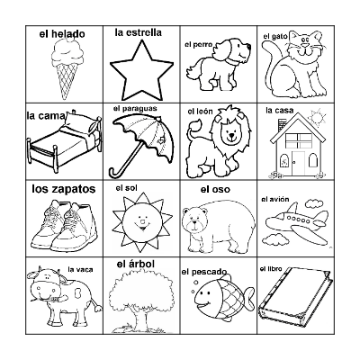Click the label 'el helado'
point(62,34)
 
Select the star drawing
point(140,70)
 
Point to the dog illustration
point(214,64)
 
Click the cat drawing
point(295,66)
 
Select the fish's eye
point(202,290)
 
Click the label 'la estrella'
point(139,32)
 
